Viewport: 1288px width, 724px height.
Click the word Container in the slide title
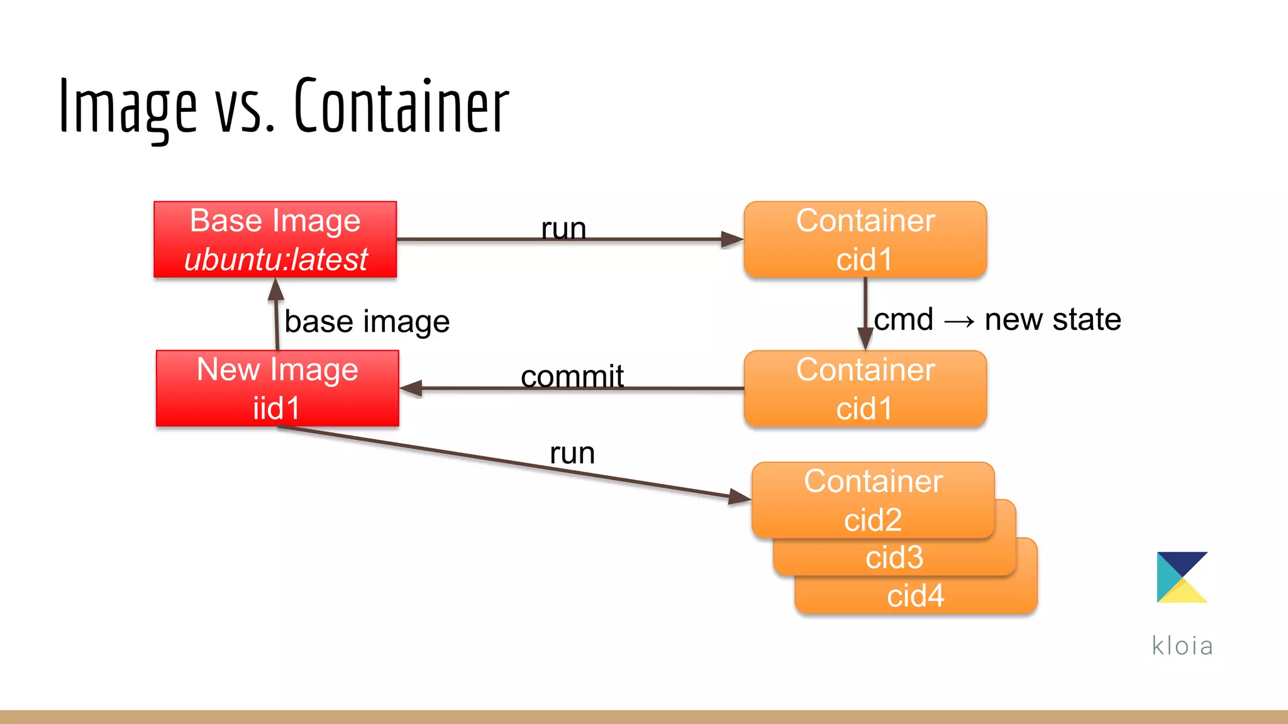pyautogui.click(x=401, y=106)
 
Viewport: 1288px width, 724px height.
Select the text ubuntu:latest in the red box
pyautogui.click(x=275, y=260)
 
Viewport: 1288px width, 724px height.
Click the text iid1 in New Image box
pyautogui.click(x=276, y=409)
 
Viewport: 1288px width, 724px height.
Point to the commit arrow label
pyautogui.click(x=572, y=376)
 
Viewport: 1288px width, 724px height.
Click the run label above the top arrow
pyautogui.click(x=563, y=228)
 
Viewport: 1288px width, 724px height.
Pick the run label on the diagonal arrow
pyautogui.click(x=572, y=452)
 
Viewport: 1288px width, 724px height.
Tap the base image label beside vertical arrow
pyautogui.click(x=367, y=321)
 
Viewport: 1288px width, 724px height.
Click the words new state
pyautogui.click(x=1052, y=319)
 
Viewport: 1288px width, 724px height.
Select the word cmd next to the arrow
pyautogui.click(x=903, y=319)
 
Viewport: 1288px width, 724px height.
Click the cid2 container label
pyautogui.click(x=873, y=520)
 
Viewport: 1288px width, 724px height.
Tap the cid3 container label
pyautogui.click(x=894, y=557)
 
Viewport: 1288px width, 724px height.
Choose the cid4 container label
pyautogui.click(x=915, y=595)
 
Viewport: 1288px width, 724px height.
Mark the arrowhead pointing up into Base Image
pyautogui.click(x=275, y=289)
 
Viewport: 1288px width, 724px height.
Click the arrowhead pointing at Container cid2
pyautogui.click(x=739, y=497)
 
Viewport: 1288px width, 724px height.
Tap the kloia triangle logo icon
pyautogui.click(x=1181, y=577)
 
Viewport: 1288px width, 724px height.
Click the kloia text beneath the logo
pyautogui.click(x=1182, y=645)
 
